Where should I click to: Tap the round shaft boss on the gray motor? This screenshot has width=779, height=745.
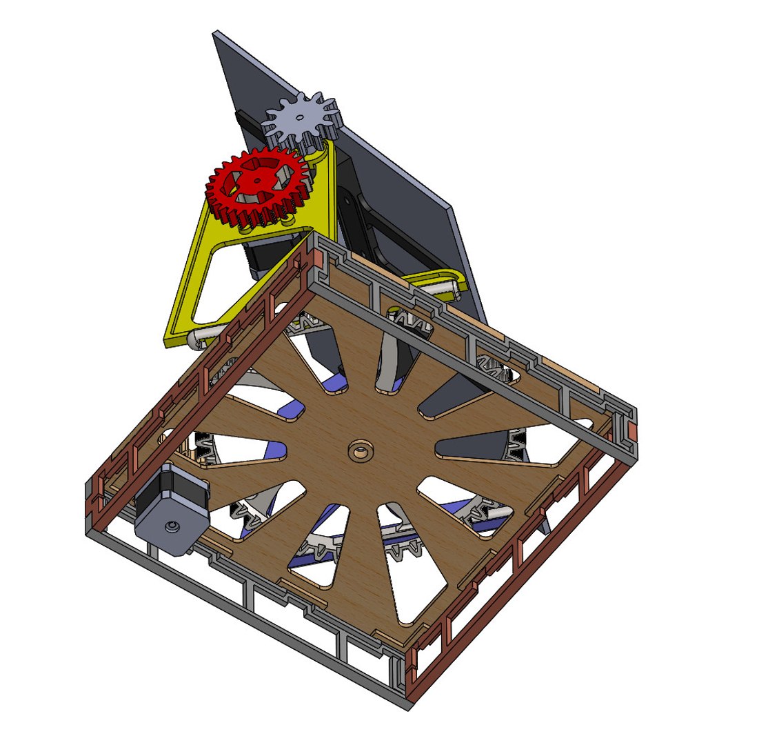(170, 527)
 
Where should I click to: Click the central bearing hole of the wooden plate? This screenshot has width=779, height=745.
(359, 452)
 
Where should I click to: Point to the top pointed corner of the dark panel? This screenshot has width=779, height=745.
(216, 32)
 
